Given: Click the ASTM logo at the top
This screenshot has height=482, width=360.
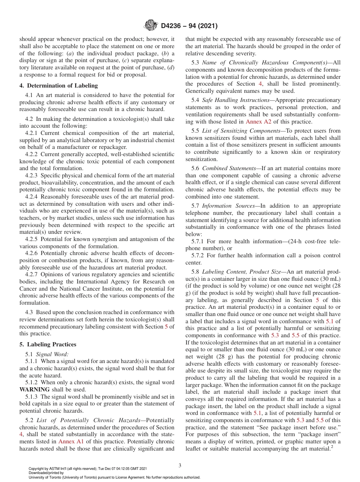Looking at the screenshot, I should (151, 26).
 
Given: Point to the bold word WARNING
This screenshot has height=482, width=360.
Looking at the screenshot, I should (34, 390).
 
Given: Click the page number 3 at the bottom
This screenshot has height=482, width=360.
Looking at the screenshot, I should (180, 465).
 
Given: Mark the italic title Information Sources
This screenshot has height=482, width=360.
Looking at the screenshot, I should (228, 206).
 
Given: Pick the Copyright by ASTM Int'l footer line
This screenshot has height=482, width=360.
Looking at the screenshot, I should (88, 469).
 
